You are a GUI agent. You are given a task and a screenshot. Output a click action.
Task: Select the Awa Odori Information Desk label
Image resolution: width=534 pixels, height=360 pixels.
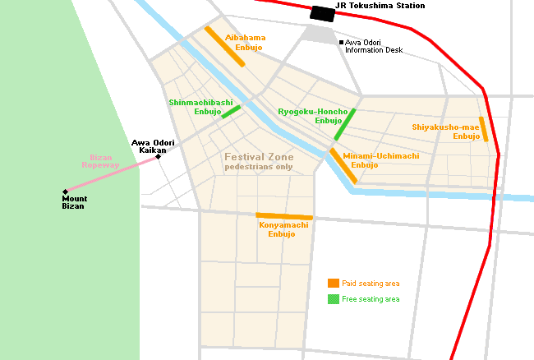(x=375, y=46)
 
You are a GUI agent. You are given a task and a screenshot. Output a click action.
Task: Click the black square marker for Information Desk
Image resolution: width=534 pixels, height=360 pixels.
(x=341, y=42)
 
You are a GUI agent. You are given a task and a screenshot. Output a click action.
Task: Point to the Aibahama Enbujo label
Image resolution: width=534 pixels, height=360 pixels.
(x=246, y=43)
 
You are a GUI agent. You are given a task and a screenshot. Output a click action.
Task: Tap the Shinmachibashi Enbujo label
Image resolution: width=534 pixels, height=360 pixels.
(x=195, y=107)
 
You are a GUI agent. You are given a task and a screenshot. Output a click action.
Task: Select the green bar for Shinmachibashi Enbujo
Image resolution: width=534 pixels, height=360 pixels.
(x=231, y=111)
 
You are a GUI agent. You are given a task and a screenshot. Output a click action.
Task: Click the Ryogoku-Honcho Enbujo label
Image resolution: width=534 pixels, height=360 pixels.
(x=313, y=115)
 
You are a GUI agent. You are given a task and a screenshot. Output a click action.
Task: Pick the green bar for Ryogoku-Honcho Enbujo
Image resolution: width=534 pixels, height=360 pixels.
(x=345, y=124)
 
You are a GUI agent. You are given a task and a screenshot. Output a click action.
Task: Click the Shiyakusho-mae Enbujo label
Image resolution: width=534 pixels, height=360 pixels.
(x=445, y=132)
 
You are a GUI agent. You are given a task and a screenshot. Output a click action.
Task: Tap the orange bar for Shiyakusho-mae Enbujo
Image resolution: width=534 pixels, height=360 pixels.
(x=484, y=129)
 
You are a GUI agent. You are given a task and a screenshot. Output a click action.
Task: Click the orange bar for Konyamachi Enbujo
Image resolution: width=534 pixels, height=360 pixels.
(x=284, y=217)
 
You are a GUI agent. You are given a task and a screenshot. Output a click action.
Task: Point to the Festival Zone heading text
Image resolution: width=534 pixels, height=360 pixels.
(x=259, y=156)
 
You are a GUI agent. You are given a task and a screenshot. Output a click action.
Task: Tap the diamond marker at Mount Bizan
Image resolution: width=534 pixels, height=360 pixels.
(x=65, y=192)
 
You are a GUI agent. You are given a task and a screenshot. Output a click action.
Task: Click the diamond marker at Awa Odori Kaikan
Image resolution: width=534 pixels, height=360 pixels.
(x=158, y=157)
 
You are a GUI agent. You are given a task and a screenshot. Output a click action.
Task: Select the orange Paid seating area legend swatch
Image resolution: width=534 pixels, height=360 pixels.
(x=334, y=283)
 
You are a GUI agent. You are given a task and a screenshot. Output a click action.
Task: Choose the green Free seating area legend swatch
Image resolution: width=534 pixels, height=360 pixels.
(x=334, y=298)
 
